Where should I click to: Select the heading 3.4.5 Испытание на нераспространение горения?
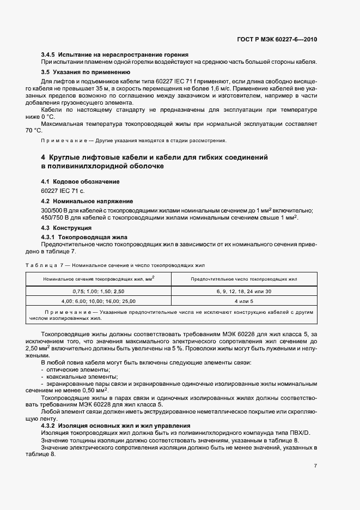[x=114, y=54]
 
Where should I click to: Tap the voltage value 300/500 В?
[x=58, y=210]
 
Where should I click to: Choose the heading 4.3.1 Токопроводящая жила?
[x=84, y=238]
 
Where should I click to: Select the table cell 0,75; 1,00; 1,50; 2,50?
[x=99, y=292]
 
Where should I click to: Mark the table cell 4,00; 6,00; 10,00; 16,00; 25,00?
[x=99, y=301]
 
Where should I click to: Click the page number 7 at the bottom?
[x=315, y=466]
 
